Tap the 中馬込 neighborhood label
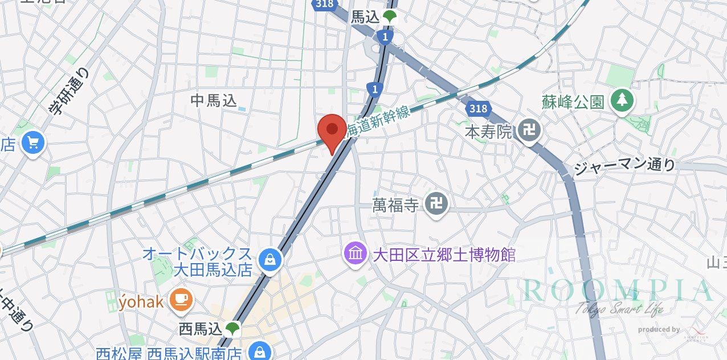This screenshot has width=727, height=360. [213, 101]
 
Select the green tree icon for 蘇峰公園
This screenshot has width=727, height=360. [622, 101]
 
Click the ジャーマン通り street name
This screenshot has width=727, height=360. [624, 167]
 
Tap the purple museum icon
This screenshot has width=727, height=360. [356, 253]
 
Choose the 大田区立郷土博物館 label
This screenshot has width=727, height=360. [444, 254]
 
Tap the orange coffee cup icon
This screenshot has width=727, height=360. [182, 299]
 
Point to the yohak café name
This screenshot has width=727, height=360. [141, 300]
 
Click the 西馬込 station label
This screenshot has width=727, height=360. [200, 329]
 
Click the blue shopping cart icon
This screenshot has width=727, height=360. [33, 144]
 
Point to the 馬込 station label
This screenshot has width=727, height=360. [365, 18]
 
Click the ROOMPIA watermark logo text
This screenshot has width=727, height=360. [618, 291]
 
